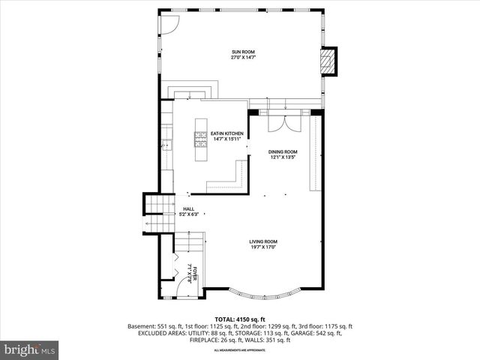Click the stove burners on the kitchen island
click(201, 138)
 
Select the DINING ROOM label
click(283, 151)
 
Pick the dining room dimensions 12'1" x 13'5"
click(283, 157)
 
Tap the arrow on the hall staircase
click(144, 224)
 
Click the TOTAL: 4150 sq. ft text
click(240, 319)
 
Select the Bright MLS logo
click(30, 349)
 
